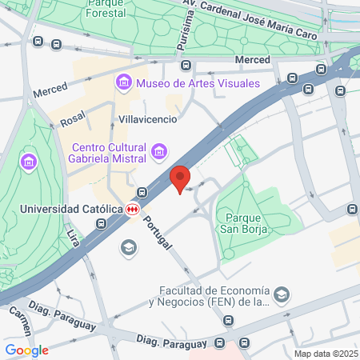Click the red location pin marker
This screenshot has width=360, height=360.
point(180,178)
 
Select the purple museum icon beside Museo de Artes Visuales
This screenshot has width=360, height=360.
point(123,82)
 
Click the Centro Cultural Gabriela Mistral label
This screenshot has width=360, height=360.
point(109,153)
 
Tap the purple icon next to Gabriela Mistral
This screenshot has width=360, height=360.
point(159,150)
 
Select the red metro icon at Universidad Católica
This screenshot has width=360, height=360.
point(132,209)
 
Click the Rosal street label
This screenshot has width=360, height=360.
point(73,120)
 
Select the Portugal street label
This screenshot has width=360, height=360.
point(158,233)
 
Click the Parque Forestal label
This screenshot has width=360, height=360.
point(107,9)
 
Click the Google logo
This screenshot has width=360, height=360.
point(26,350)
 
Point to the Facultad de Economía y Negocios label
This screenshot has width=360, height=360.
point(211,296)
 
